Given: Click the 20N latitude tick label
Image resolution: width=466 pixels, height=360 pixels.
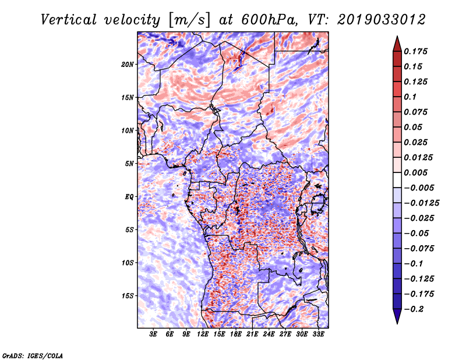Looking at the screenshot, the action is point(128,65).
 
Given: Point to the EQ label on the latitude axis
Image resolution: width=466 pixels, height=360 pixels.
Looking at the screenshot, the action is point(129,197).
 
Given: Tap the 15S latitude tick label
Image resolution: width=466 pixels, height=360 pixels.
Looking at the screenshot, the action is point(128,296).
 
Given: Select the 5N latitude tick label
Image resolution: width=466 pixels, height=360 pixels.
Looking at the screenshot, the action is point(129,164).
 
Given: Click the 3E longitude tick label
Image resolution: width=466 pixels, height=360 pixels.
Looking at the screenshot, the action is point(153,334).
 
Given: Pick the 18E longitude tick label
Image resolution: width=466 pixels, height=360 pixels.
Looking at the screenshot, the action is point(236,334).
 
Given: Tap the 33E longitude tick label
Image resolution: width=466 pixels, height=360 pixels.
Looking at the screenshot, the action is point(318,334).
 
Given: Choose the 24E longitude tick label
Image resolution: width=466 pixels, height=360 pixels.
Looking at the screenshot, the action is point(269,334).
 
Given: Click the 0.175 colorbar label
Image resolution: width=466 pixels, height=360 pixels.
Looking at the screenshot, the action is point(415,51).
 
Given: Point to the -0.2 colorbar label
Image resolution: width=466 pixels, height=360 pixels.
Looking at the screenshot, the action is point(414,309).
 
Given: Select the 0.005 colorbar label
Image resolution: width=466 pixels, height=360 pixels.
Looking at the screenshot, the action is point(415,172).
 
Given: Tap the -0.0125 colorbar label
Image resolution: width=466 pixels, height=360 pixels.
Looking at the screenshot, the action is point(421,203).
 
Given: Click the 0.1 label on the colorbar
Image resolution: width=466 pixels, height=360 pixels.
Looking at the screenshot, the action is point(410,97).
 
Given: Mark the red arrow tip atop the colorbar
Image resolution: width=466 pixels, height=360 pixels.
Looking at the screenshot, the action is point(397,36).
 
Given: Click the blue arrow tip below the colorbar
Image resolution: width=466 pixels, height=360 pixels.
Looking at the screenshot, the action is point(397,323).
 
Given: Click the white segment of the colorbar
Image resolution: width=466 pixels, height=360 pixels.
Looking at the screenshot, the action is point(397,180).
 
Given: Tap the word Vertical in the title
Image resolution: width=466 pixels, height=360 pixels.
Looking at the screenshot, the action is point(69,20).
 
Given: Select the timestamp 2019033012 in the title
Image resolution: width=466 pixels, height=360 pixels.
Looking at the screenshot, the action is point(382,20).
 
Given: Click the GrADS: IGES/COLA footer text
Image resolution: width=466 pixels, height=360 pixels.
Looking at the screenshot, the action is point(33,355).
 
